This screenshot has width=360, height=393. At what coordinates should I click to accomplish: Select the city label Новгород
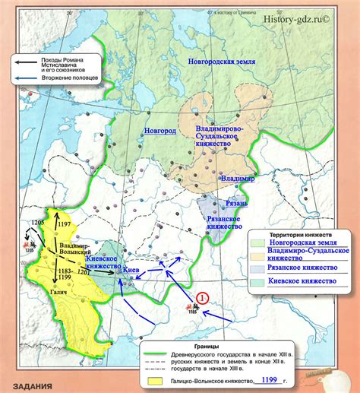161,131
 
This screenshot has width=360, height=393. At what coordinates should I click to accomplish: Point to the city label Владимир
238,177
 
